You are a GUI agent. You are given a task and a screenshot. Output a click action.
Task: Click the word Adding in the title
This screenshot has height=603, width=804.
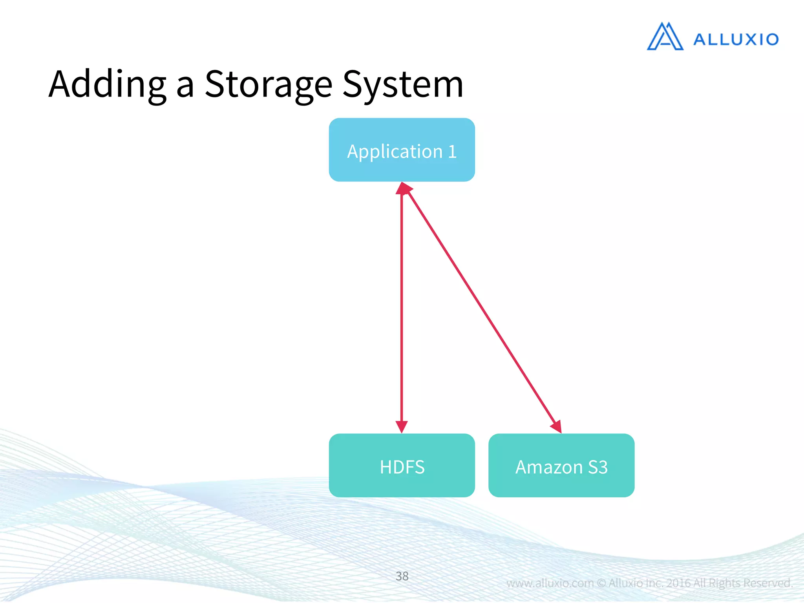point(107,84)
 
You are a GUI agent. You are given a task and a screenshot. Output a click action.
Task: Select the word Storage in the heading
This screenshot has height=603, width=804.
point(269,84)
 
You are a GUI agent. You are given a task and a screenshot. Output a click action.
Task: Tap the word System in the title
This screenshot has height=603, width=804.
point(403,84)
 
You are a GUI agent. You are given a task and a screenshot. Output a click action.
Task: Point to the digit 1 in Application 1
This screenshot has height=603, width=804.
point(452,152)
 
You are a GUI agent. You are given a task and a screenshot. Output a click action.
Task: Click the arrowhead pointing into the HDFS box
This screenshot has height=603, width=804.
point(402,426)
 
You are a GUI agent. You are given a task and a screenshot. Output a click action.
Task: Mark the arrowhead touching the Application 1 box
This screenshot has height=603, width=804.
point(403,188)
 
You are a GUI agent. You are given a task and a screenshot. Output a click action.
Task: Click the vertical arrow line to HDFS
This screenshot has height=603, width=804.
point(402,306)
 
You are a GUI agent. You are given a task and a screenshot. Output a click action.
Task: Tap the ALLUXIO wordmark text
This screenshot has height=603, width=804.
point(736,40)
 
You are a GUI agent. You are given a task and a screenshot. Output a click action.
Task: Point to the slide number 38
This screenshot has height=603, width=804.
point(402,576)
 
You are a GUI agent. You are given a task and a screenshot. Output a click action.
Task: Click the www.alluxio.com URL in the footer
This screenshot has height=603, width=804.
point(550,583)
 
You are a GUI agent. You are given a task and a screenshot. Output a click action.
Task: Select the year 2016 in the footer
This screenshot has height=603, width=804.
point(678,583)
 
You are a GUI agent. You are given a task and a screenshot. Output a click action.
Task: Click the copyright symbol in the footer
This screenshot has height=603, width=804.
point(601,583)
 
